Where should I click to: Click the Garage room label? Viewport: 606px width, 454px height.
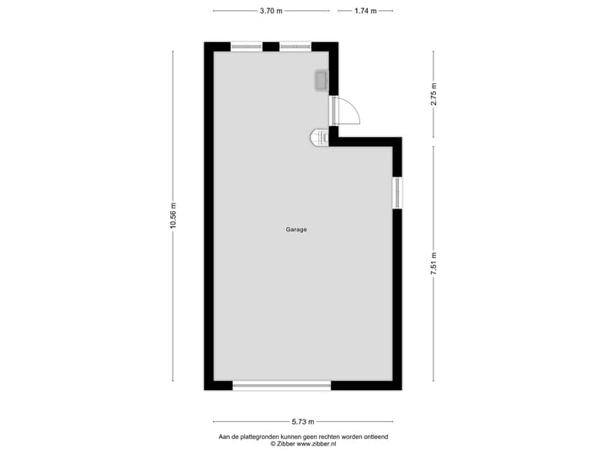[x=295, y=230]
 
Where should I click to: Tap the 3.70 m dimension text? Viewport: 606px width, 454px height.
[x=271, y=11]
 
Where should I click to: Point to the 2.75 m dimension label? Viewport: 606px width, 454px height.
[x=434, y=92]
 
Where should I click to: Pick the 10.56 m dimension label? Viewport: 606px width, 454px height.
[x=173, y=216]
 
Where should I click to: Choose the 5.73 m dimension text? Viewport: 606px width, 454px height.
[x=303, y=422]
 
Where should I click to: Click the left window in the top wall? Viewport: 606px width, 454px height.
[x=246, y=46]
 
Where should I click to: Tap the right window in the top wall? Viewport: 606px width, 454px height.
[x=295, y=46]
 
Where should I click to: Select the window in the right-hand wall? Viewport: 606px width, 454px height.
[x=397, y=193]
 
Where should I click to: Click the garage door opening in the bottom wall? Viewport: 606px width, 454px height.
[x=281, y=385]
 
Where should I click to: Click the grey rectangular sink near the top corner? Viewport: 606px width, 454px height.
[x=321, y=81]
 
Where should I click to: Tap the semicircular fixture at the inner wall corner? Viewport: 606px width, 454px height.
[x=319, y=137]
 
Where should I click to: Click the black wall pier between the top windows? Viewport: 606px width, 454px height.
[x=270, y=46]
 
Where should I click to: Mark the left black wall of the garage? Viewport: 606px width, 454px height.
[x=208, y=216]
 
